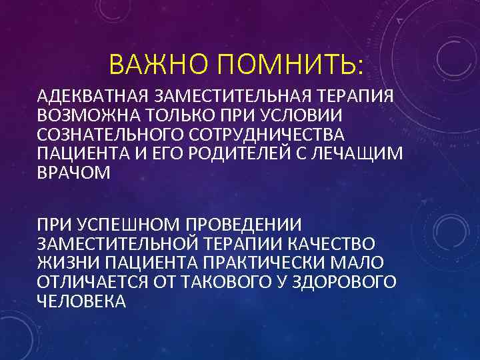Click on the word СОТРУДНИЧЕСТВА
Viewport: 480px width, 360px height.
[259, 133]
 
